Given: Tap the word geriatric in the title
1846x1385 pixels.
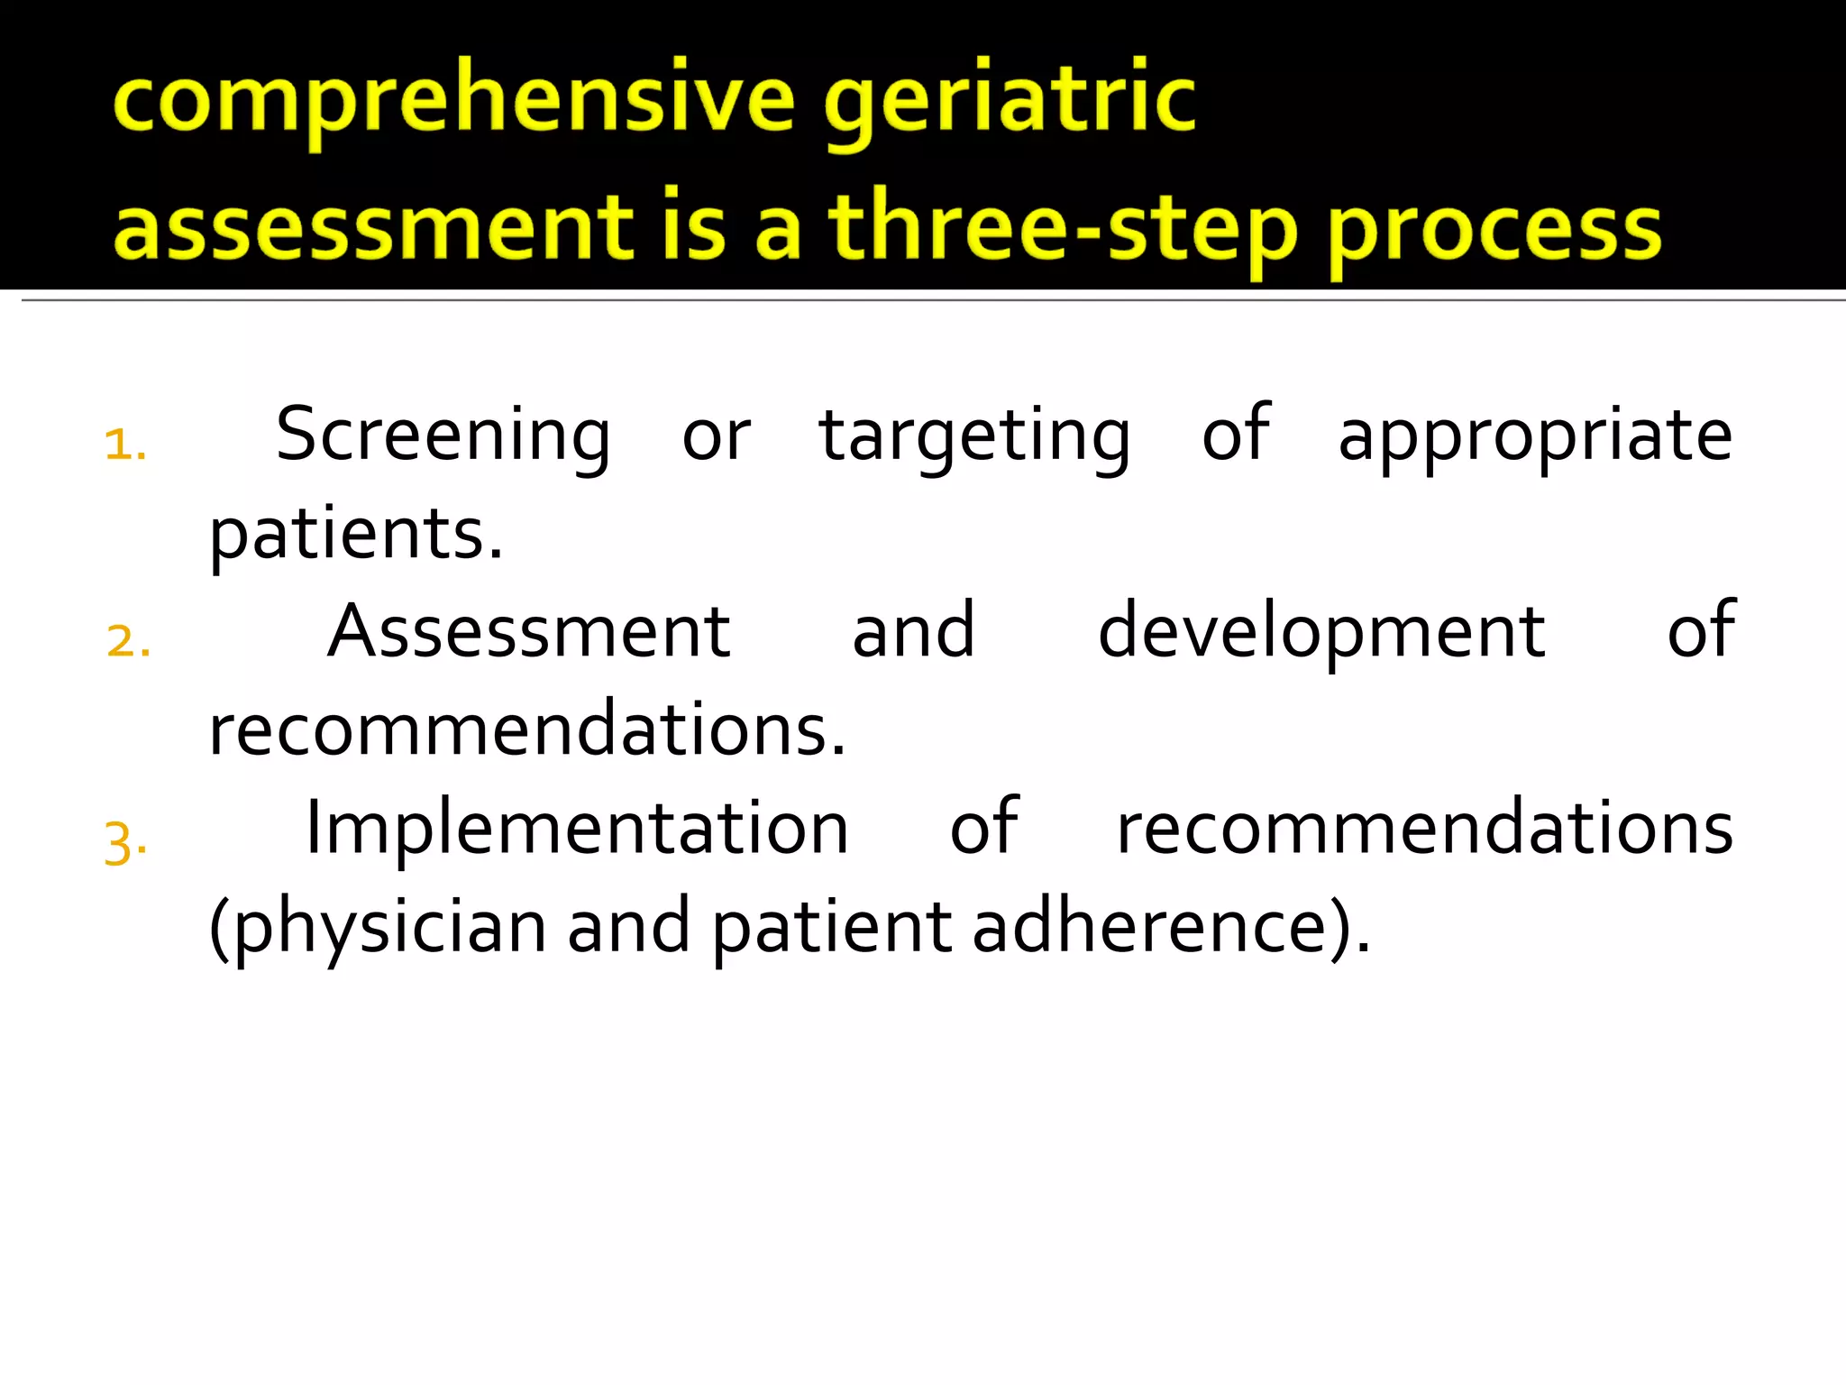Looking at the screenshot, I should [x=1010, y=101].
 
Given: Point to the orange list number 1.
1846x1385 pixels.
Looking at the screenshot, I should [x=125, y=445].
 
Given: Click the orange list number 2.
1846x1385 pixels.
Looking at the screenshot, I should [x=128, y=642].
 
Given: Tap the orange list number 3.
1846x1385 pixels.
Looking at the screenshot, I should [x=125, y=843].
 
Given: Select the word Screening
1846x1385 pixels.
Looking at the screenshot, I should [x=443, y=436].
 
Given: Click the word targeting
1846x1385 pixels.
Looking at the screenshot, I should [x=974, y=436].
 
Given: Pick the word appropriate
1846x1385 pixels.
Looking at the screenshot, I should [x=1535, y=436].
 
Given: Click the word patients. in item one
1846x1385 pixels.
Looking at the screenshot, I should [x=355, y=535].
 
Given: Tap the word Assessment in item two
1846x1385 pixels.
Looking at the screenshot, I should [x=528, y=632].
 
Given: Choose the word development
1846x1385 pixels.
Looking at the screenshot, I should [x=1321, y=632].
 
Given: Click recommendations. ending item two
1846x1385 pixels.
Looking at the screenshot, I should [x=527, y=729].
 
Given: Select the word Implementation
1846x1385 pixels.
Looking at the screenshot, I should [x=577, y=829].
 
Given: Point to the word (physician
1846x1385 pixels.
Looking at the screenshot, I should [x=377, y=928].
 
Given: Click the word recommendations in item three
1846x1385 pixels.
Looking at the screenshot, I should [x=1424, y=829].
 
